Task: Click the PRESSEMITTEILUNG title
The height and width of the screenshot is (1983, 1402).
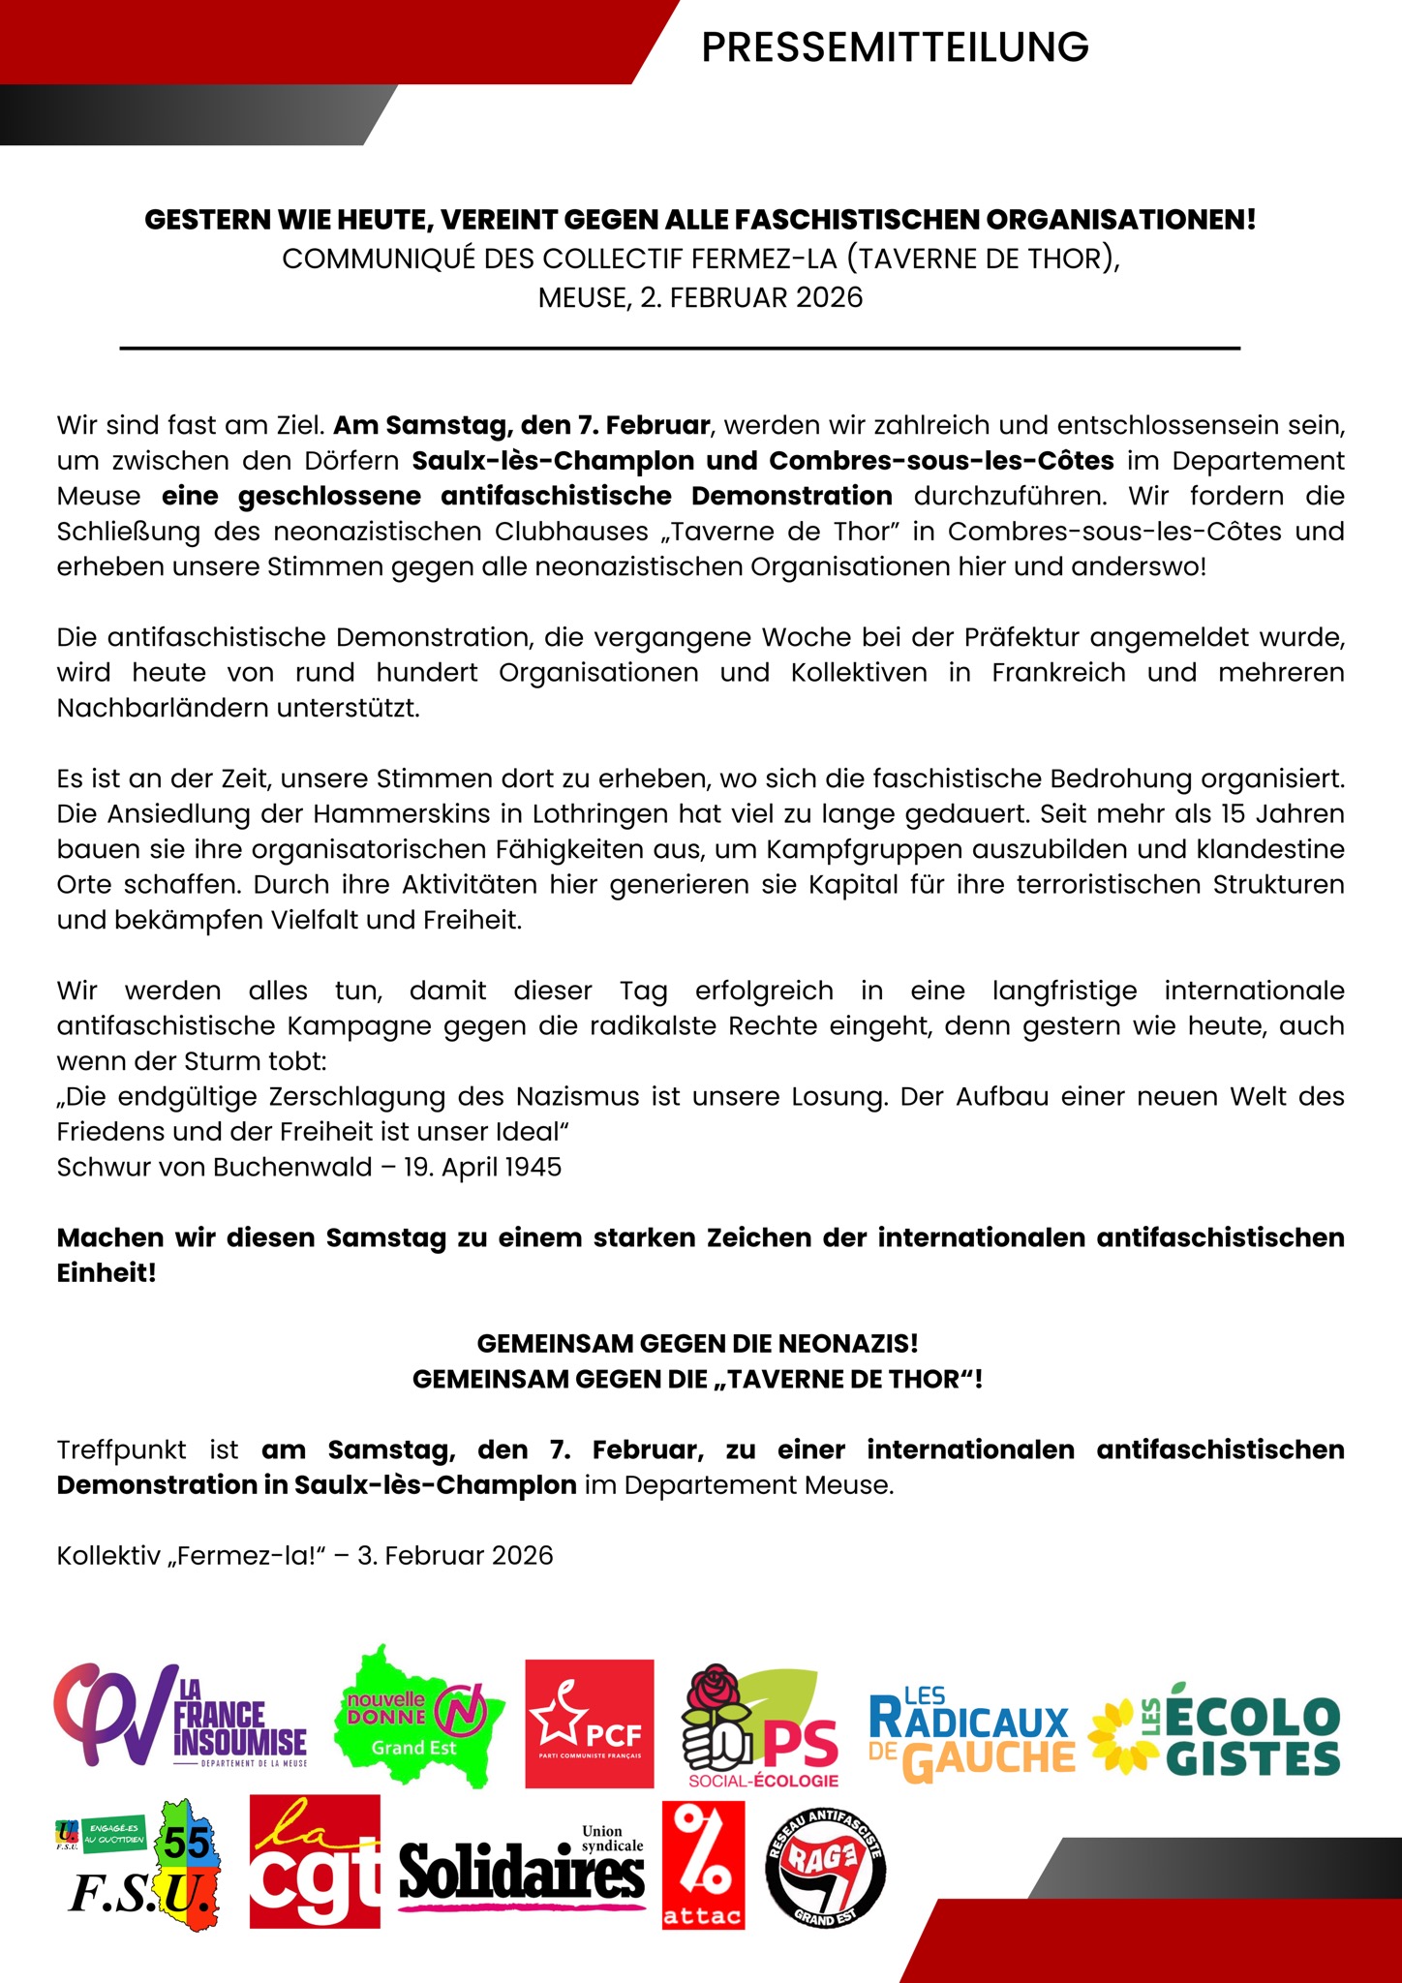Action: pyautogui.click(x=895, y=46)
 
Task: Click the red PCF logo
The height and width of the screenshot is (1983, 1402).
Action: pyautogui.click(x=589, y=1723)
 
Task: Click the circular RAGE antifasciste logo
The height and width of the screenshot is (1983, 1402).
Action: pyautogui.click(x=825, y=1868)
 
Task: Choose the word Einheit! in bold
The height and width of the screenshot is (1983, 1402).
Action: pyautogui.click(x=107, y=1272)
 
